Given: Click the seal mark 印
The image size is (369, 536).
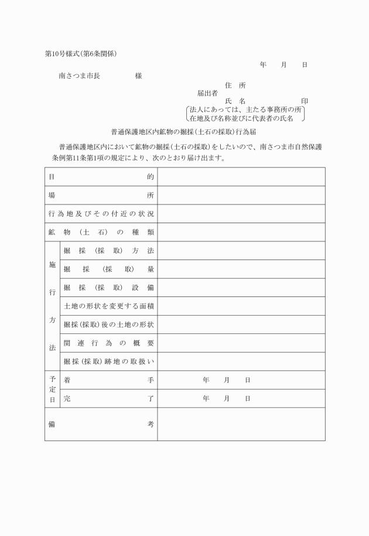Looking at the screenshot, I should pos(304,101).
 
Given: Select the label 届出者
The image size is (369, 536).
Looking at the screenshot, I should pos(207,93).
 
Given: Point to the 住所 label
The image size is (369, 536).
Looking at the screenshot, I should pos(235,85).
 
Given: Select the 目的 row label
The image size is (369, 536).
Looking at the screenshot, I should pos(101,176).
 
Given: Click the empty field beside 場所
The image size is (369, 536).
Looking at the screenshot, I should pos(241,195).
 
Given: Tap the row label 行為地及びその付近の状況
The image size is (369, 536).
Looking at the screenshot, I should pos(101,214).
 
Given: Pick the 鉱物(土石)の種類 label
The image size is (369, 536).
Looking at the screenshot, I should pos(101,232).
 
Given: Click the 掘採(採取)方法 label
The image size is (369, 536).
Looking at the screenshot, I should pos(108,251).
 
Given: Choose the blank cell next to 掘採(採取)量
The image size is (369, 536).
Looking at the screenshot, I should pos(241,269).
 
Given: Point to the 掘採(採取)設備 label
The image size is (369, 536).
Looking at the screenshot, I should pos(108,288).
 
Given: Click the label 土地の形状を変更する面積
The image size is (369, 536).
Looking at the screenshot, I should pos(108,306).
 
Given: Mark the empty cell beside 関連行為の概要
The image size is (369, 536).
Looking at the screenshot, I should pos(241,343).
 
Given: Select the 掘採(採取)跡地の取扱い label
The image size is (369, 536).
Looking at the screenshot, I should pos(108,361).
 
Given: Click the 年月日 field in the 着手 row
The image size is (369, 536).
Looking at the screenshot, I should pos(226,380).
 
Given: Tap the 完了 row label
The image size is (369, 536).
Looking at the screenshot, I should pos(108,398).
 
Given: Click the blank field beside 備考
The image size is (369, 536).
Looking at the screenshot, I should pos(241,424).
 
